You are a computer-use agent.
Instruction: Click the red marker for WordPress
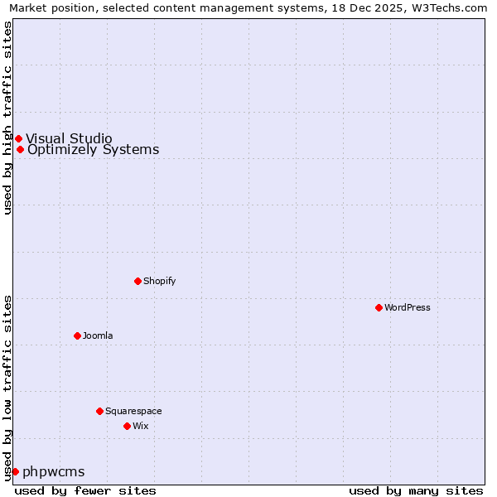tap(379, 307)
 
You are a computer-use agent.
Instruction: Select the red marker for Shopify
tap(138, 281)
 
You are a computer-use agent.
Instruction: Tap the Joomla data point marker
tap(77, 335)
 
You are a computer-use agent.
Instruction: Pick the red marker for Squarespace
tap(99, 411)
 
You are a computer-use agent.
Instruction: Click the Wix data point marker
tap(127, 426)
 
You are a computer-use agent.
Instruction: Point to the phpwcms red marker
tap(15, 471)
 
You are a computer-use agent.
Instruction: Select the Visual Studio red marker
tap(18, 138)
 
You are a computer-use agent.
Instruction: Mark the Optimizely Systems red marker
tap(20, 150)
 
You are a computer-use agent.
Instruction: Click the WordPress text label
tap(407, 307)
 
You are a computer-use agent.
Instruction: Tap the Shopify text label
tap(159, 281)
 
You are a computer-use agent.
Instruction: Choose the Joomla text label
tap(97, 335)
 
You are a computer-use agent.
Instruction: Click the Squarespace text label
tap(133, 411)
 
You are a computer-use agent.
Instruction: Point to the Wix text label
tap(140, 426)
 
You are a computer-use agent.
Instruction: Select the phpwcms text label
tap(54, 471)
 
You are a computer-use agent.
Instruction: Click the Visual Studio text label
tap(69, 138)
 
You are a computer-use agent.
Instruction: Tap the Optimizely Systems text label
tap(93, 150)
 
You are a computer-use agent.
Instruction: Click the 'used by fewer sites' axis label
tap(85, 490)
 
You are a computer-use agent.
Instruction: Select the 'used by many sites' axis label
tap(416, 490)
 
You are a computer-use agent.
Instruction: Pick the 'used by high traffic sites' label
tap(7, 118)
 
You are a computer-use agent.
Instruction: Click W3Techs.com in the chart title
tap(448, 7)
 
